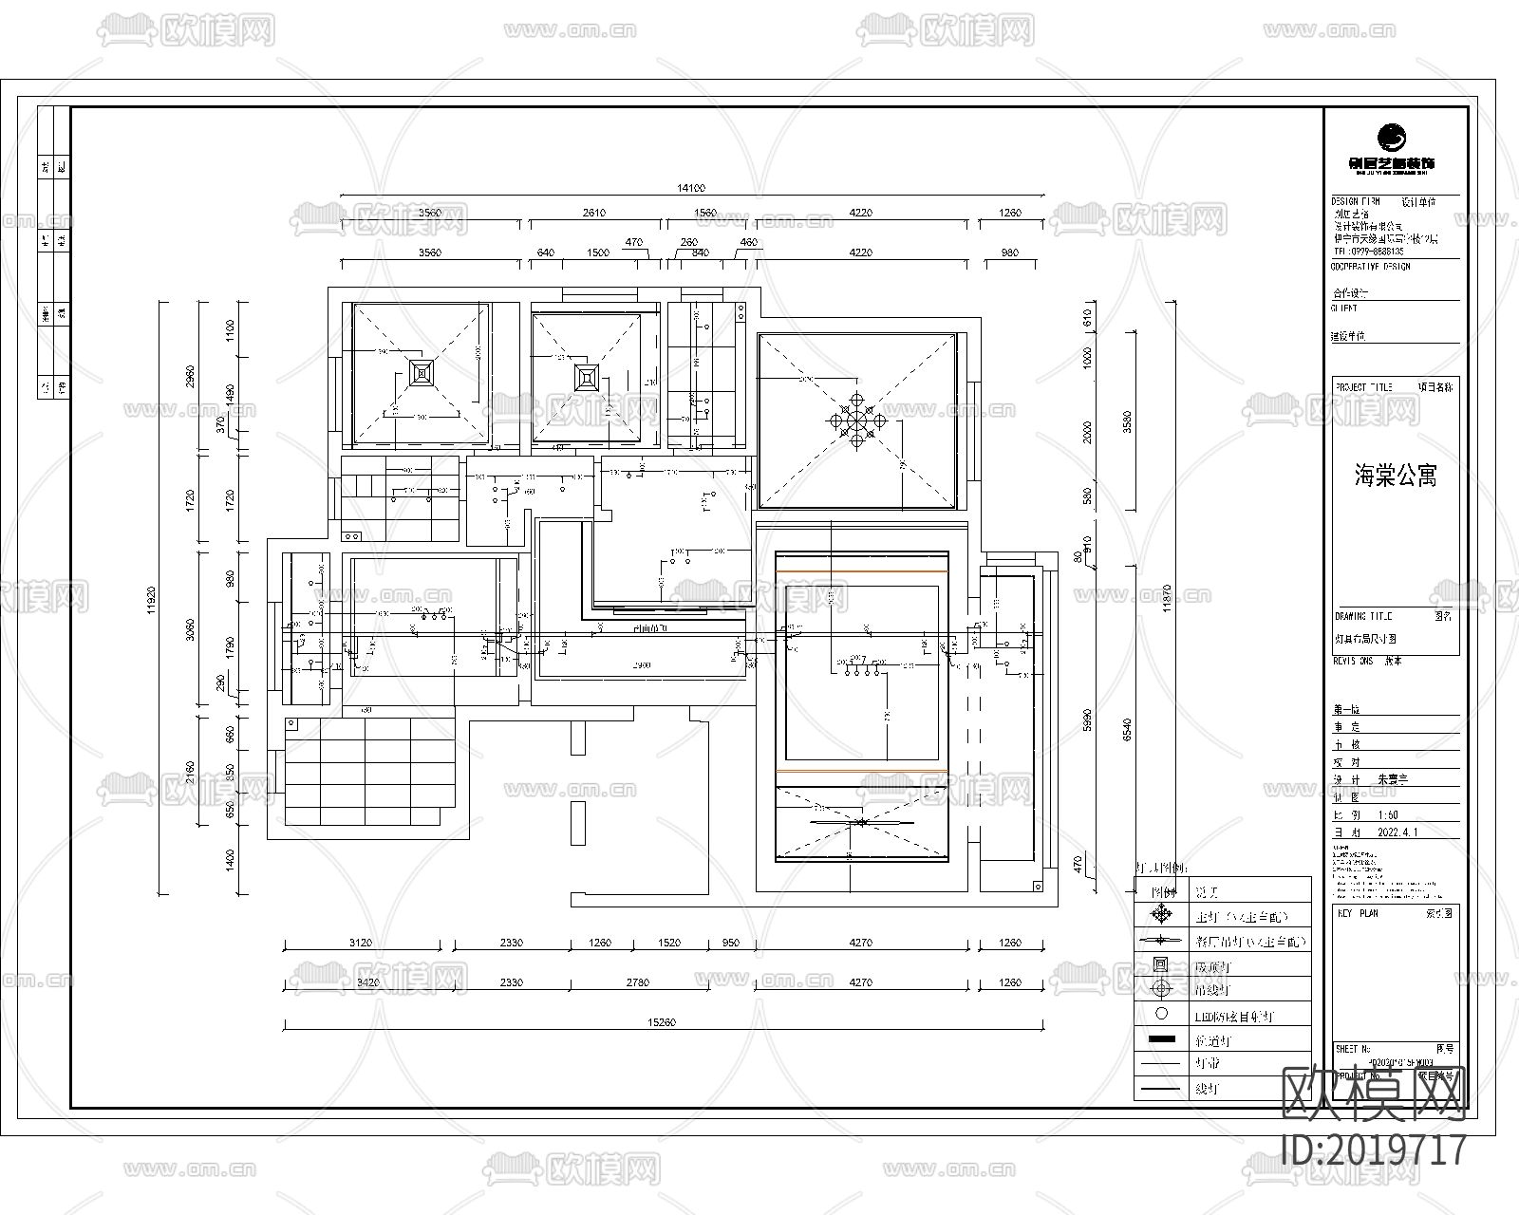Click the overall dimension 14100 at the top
click(x=691, y=189)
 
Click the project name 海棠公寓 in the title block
click(x=1395, y=476)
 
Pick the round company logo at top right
click(x=1393, y=138)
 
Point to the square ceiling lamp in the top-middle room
click(x=586, y=377)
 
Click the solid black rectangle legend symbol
click(x=1161, y=1039)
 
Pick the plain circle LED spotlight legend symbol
click(x=1161, y=1014)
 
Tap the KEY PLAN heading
click(x=1357, y=912)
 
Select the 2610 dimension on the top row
click(x=593, y=213)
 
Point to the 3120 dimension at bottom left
click(x=360, y=943)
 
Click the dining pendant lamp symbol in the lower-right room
click(x=861, y=821)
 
